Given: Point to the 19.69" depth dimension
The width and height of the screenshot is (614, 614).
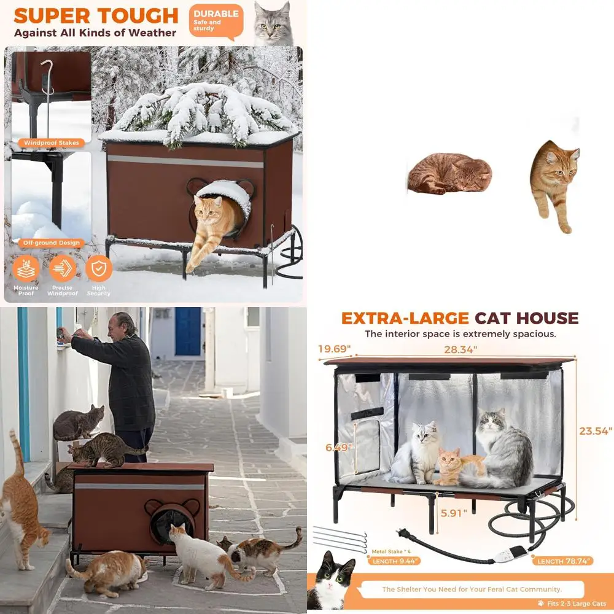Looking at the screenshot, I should click(335, 349).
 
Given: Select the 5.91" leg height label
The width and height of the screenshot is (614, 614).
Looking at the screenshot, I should click(453, 511).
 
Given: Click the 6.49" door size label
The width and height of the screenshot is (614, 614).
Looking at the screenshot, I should click(338, 448).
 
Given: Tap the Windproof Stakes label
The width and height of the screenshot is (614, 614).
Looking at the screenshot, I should click(52, 143).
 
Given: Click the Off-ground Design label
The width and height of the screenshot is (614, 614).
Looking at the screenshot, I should click(52, 243).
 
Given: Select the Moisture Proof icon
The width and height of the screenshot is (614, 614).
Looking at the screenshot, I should click(26, 268).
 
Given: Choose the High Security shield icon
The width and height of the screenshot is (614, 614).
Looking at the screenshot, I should click(99, 268).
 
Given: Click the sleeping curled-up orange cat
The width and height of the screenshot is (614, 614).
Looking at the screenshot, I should click(450, 173).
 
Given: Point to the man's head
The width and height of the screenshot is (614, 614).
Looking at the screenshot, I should click(126, 324).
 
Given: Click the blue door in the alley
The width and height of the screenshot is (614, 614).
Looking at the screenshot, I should click(188, 332).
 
